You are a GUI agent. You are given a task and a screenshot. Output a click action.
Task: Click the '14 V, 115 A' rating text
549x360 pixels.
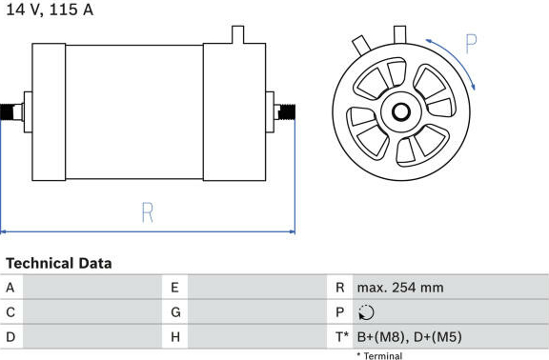coord(50,10)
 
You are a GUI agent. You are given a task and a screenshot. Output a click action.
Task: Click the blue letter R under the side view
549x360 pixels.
coord(147,212)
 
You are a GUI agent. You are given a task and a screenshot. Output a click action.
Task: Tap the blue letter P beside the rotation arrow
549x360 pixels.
coord(471,44)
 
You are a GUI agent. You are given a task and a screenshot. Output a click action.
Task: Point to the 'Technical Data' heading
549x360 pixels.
coord(59,264)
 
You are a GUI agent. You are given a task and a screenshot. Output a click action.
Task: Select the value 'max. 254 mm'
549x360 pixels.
coord(400,288)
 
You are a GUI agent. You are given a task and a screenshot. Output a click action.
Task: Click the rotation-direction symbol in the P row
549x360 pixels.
coord(366,312)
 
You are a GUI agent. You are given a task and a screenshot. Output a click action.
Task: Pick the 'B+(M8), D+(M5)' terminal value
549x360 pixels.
coord(409,337)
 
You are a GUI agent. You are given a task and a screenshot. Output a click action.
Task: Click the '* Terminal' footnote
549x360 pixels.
coord(379,356)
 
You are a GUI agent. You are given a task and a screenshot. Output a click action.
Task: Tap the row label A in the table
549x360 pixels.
coord(10,288)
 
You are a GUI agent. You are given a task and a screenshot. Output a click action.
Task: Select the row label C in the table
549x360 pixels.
coord(10,312)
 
